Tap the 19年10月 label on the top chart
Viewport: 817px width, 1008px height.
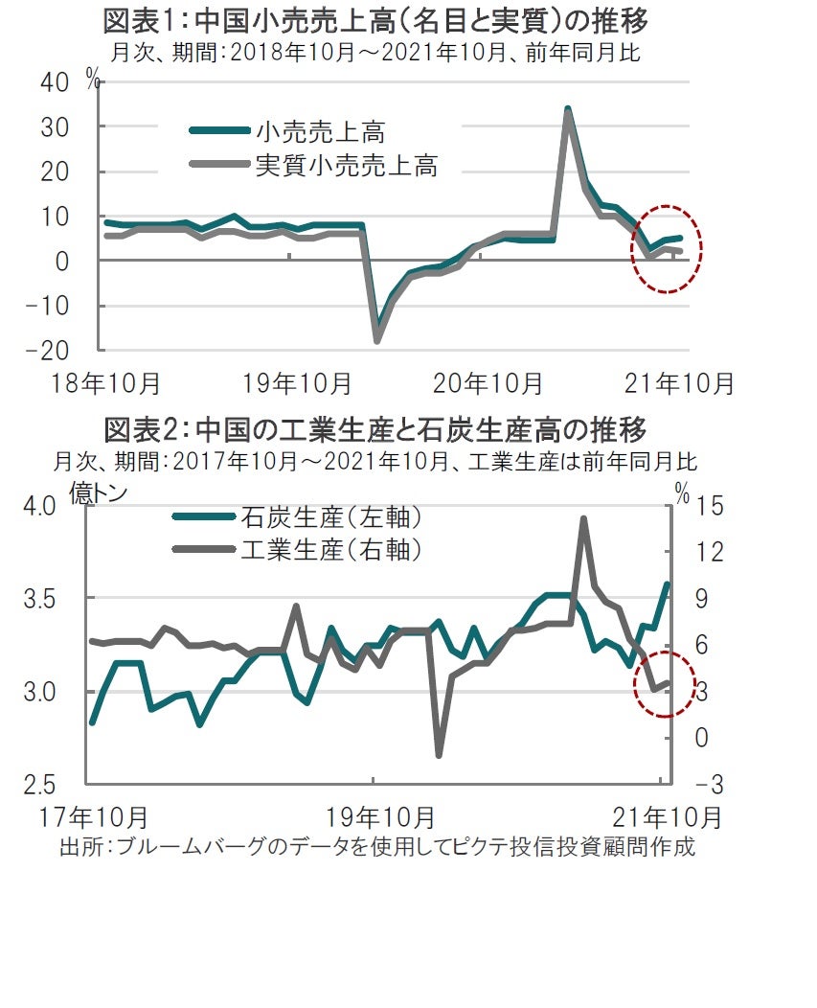[x=297, y=384]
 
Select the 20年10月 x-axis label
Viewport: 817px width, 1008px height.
[x=488, y=384]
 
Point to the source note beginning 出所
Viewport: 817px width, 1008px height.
[x=376, y=848]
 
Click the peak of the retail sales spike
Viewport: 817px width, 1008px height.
[x=567, y=109]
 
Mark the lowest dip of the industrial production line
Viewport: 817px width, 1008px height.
[x=440, y=755]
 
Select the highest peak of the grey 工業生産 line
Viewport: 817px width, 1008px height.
[x=583, y=518]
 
